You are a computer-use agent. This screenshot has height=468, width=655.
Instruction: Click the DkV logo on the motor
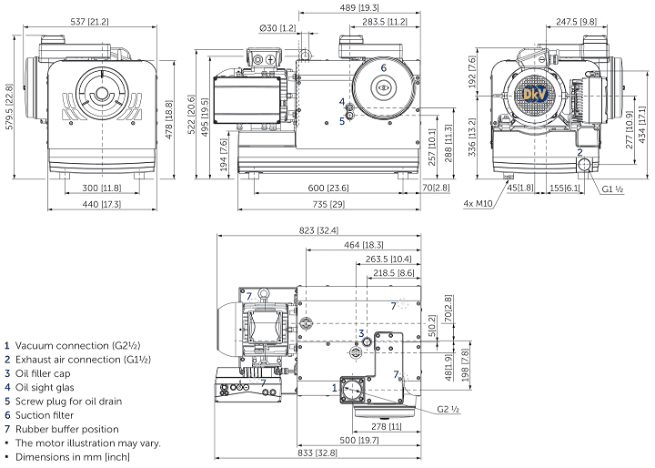pos(533,94)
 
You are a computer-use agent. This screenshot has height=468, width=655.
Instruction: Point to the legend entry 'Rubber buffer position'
pos(66,429)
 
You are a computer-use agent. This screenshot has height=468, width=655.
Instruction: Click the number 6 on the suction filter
pos(383,67)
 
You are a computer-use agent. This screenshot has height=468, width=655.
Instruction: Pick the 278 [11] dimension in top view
pos(384,425)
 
